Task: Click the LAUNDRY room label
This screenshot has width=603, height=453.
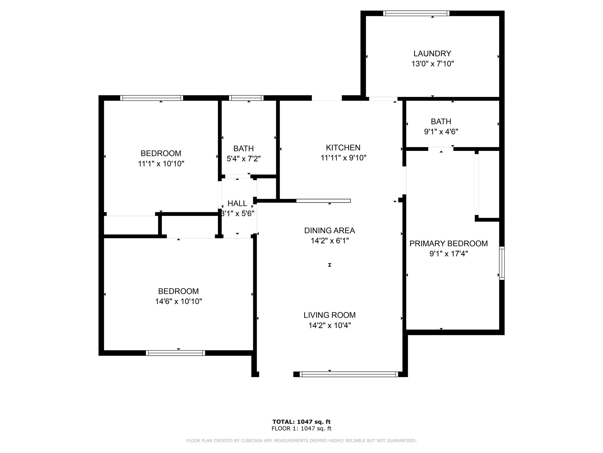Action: [432, 53]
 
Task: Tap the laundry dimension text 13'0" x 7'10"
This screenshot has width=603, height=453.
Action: [433, 64]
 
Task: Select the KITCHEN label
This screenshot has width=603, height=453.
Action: [343, 147]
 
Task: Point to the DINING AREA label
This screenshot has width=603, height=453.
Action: [329, 230]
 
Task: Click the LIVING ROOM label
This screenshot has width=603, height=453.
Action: [329, 315]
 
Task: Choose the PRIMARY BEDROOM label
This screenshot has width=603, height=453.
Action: [448, 243]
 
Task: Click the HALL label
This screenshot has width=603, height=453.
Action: [237, 203]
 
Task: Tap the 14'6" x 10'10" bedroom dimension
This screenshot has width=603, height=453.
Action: [178, 301]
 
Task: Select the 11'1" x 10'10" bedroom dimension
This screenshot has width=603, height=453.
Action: [161, 164]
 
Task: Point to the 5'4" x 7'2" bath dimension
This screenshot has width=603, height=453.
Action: [243, 159]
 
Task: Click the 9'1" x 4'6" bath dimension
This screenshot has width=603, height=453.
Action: [441, 132]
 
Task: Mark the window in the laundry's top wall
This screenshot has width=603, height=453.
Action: [416, 13]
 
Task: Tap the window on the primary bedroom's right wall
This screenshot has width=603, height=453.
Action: [502, 263]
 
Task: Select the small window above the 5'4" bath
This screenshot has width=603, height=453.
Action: [246, 98]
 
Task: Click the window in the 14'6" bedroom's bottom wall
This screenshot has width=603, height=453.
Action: [175, 353]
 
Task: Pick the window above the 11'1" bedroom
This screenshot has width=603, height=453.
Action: [152, 98]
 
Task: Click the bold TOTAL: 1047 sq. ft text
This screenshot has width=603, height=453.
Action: [301, 422]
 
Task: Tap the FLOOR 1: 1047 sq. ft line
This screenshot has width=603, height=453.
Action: [301, 429]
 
